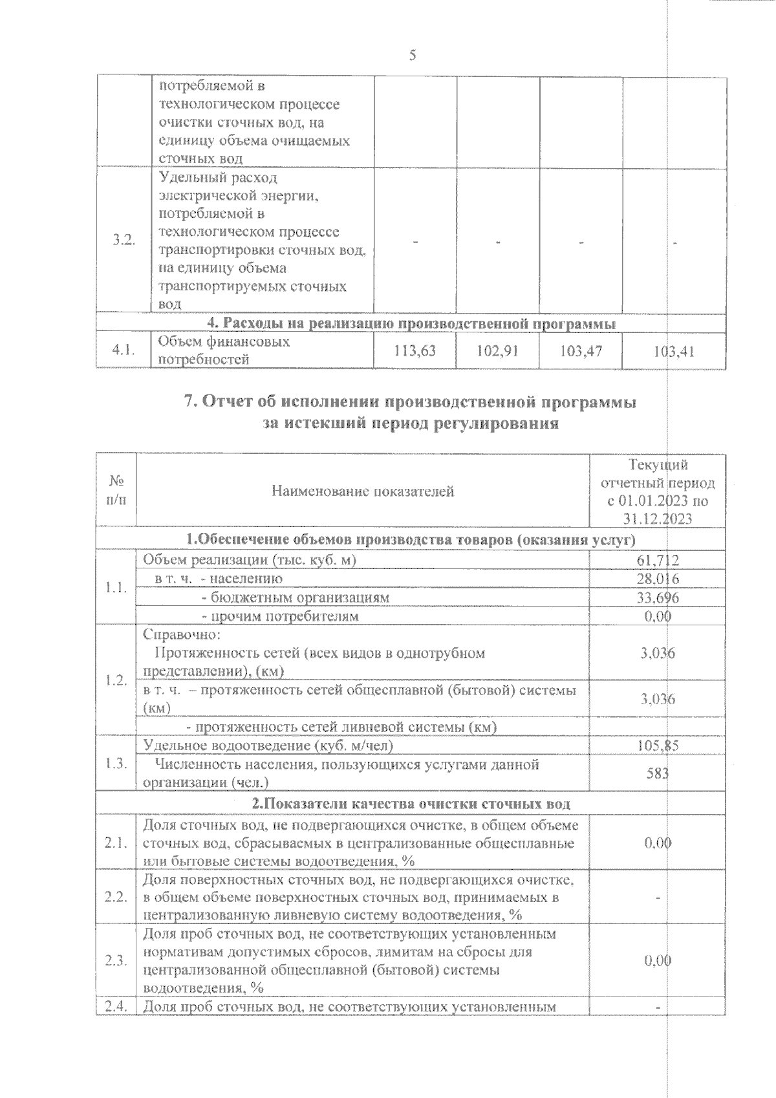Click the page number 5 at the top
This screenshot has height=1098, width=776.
412,56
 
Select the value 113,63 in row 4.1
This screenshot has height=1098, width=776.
415,351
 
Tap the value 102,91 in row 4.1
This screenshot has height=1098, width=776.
497,351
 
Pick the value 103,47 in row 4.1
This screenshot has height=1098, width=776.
581,351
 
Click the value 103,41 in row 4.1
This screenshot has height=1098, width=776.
674,352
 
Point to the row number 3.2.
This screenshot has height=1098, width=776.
123,241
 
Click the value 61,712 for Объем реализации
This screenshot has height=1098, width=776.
658,560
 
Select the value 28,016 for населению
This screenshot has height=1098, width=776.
658,579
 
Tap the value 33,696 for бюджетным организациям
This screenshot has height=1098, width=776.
658,597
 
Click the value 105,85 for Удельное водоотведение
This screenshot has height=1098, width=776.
658,746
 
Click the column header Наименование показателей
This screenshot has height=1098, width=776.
362,491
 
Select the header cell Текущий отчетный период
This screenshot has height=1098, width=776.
658,491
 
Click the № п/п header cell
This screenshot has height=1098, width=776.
116,491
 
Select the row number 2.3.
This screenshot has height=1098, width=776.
116,960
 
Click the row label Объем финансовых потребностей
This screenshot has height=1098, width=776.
223,350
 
